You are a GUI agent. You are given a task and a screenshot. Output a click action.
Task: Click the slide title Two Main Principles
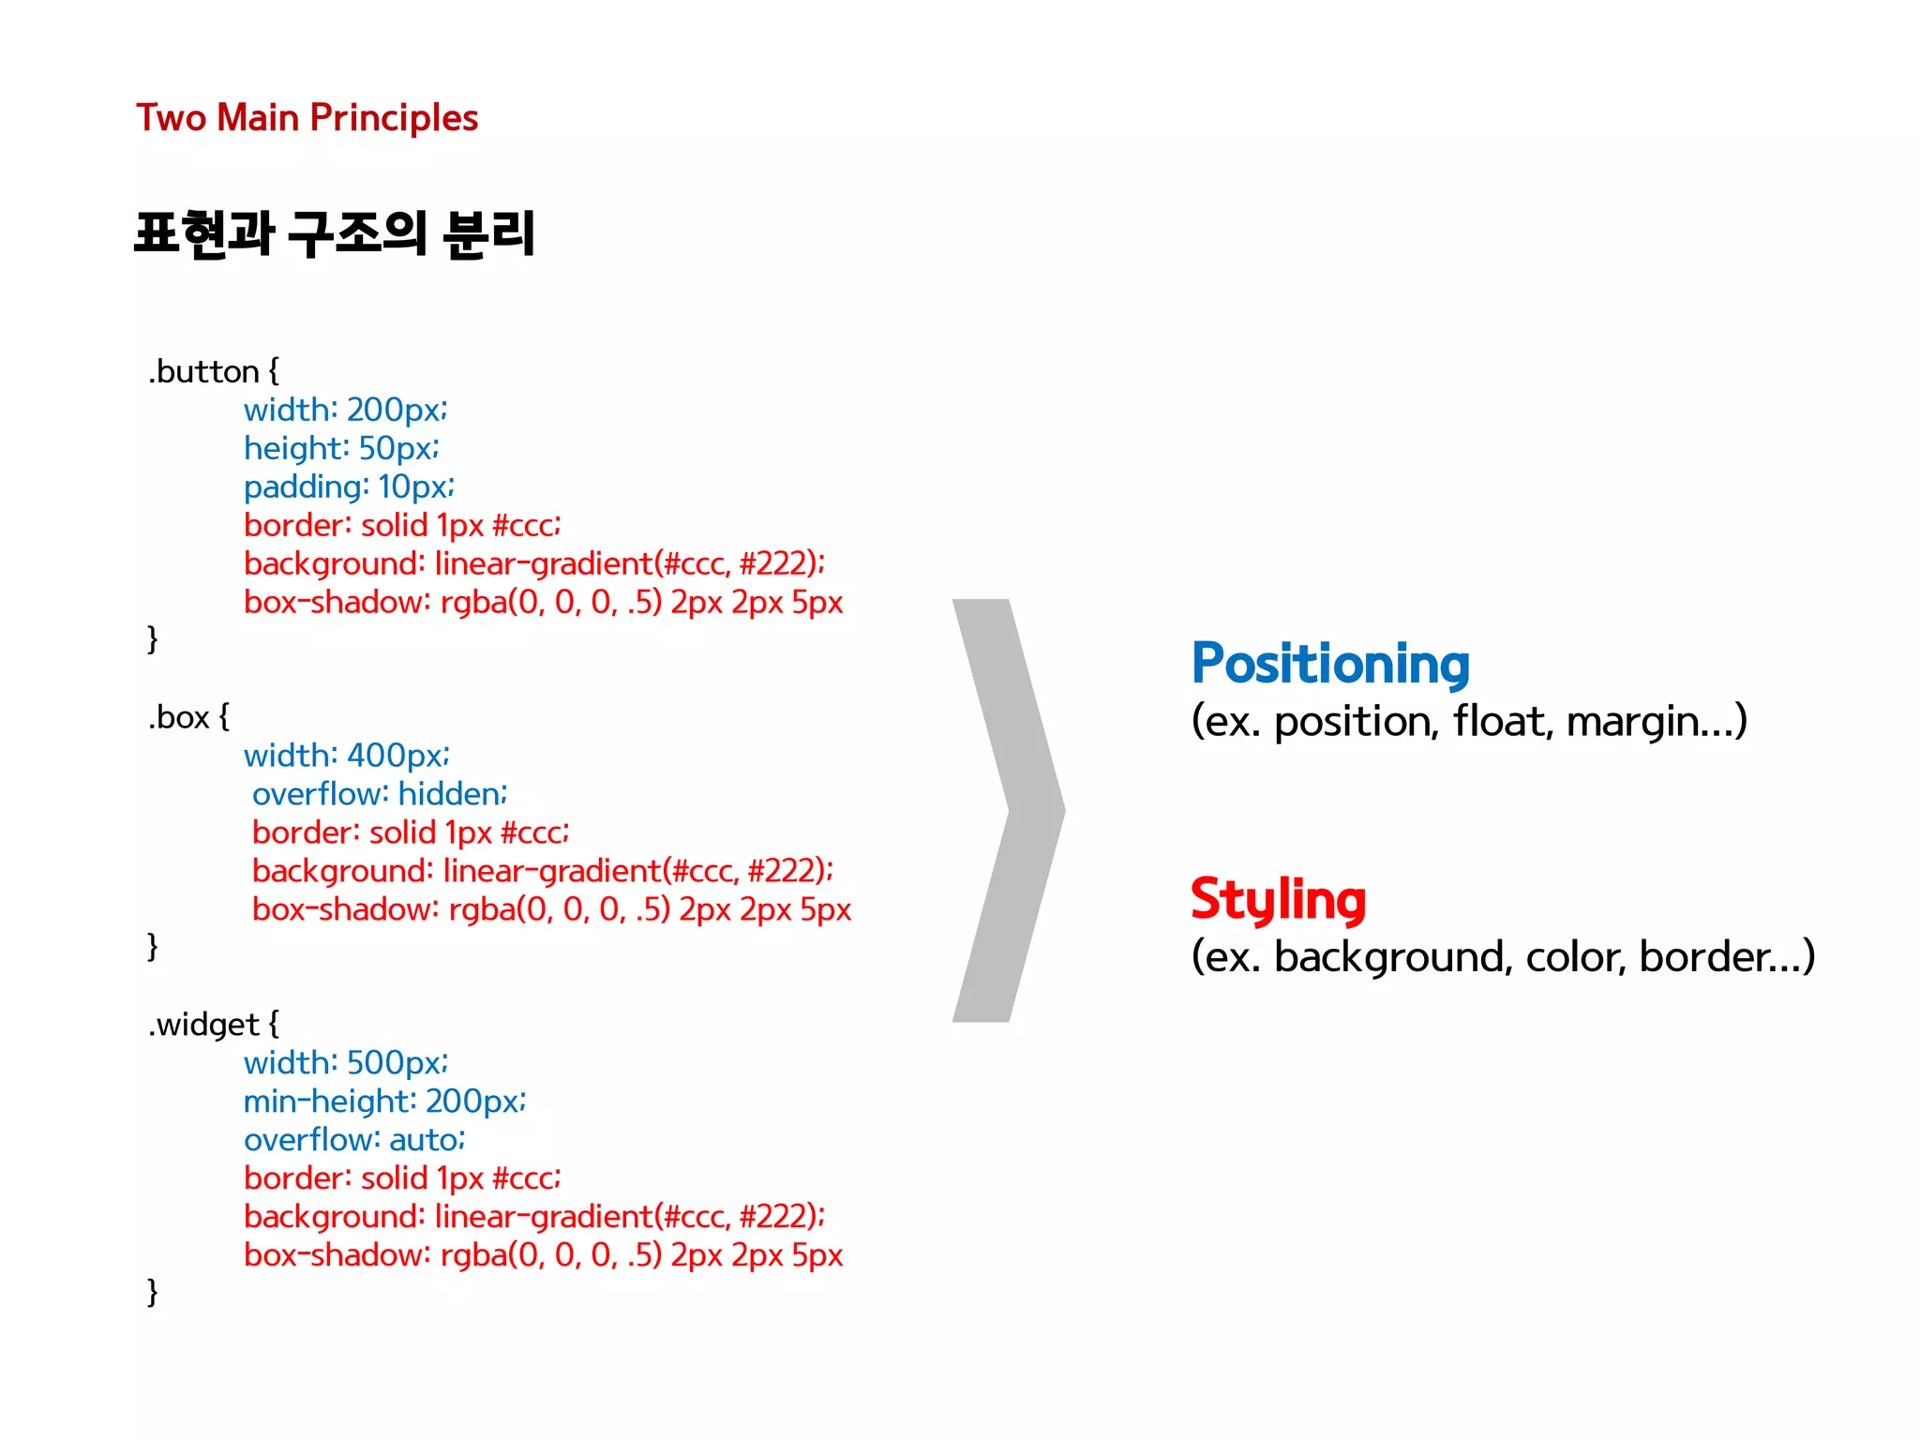tap(307, 118)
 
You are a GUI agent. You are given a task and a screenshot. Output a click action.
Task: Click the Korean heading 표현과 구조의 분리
tap(335, 233)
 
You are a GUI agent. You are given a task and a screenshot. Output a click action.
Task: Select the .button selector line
tap(213, 371)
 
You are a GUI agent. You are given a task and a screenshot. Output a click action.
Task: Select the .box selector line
tap(187, 717)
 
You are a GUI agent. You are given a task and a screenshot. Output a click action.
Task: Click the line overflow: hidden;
tap(380, 794)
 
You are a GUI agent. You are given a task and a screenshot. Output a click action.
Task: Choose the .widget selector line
tap(213, 1024)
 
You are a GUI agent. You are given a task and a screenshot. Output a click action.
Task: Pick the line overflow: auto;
tap(354, 1139)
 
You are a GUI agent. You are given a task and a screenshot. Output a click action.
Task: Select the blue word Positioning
tap(1329, 664)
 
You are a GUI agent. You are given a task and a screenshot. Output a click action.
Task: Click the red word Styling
tap(1278, 899)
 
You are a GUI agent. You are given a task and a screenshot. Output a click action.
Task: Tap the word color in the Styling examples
tap(1575, 957)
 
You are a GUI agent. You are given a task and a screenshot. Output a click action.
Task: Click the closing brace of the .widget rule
tap(152, 1292)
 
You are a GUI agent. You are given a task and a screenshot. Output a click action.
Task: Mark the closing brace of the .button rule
tap(152, 639)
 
